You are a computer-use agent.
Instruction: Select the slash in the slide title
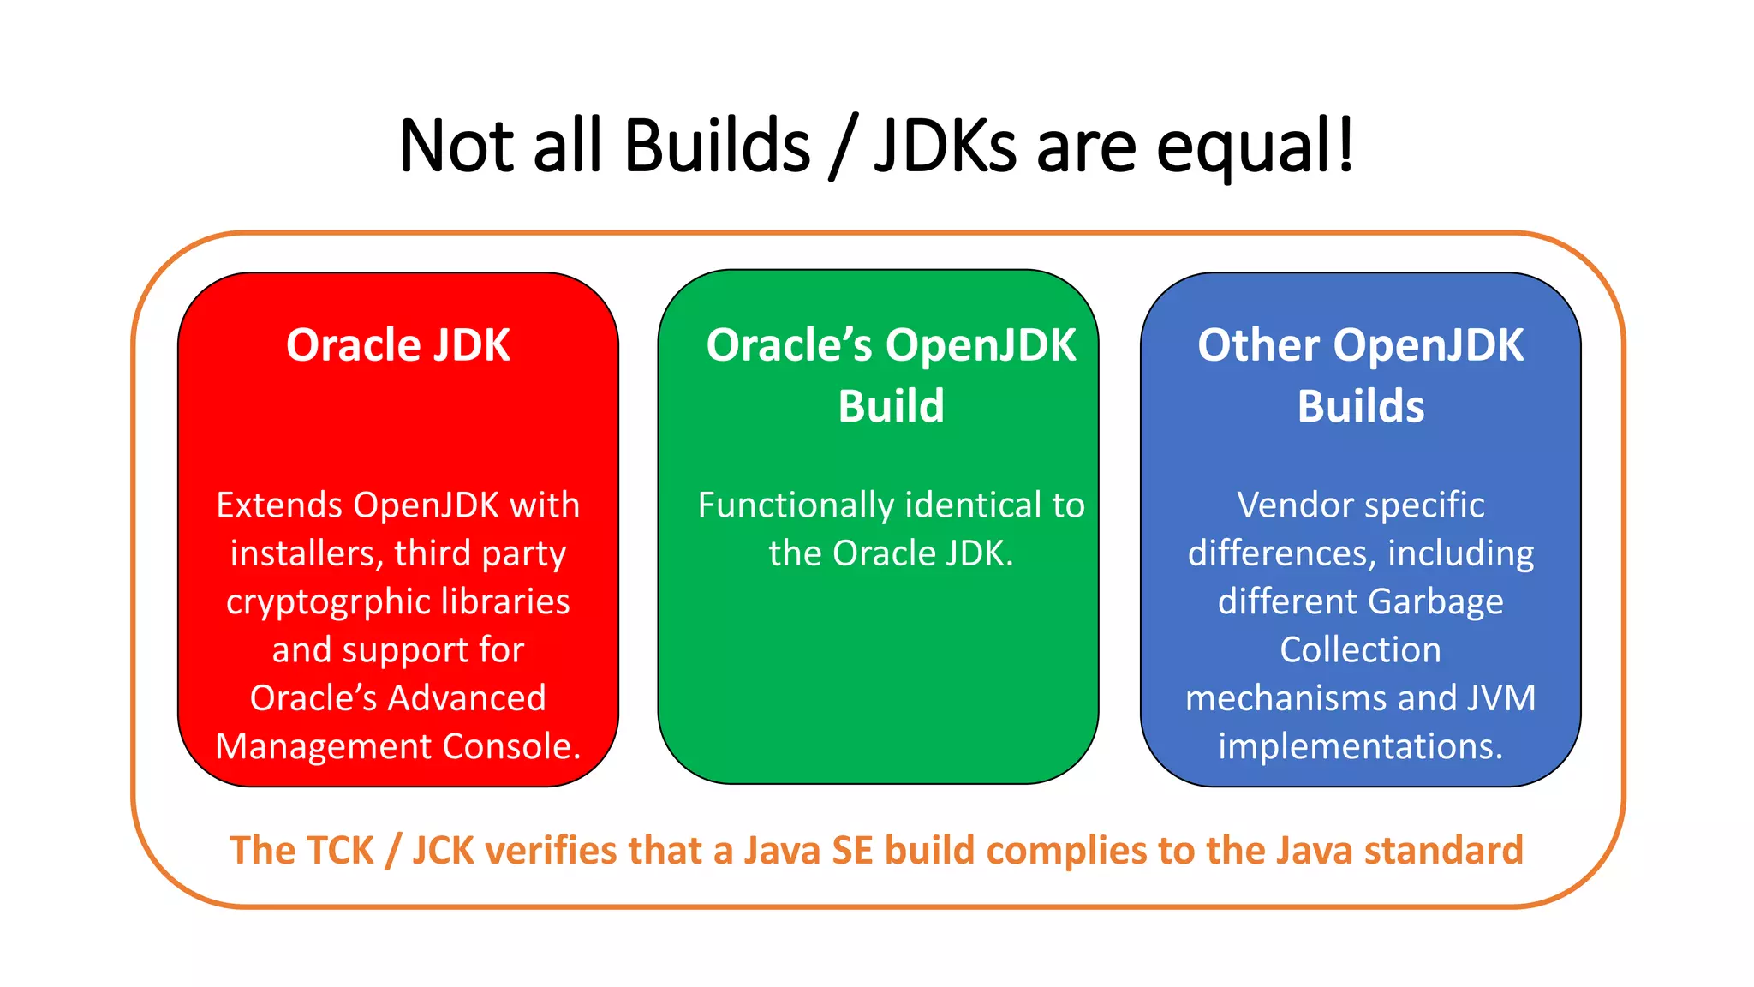pos(843,147)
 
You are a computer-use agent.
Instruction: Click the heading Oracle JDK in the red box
pos(397,345)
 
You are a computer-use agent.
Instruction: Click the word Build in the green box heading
pos(891,406)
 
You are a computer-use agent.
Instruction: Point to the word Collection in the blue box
pos(1360,650)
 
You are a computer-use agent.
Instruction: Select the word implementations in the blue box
pos(1359,746)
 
